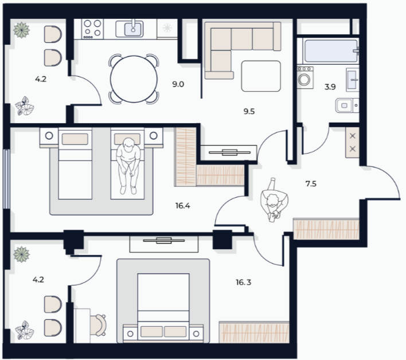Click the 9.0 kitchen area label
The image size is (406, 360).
pos(178,84)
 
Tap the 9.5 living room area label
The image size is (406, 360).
pos(249,111)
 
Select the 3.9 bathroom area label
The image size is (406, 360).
pos(330,87)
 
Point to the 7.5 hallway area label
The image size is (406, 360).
pos(311,184)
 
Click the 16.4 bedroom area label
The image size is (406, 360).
pos(182,206)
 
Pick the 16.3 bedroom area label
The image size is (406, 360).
pos(243,282)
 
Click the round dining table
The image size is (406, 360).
pos(134,79)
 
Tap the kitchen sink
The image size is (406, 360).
pos(133,29)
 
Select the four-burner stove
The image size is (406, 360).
pos(93,29)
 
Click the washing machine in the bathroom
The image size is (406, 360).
pos(304,77)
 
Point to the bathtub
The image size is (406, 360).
pos(331,50)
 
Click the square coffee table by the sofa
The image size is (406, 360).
pos(261,76)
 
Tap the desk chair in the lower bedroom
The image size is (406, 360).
pos(98,325)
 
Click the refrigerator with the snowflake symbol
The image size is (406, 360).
pos(167,29)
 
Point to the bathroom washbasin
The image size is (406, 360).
pos(353,80)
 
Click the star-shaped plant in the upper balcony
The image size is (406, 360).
pos(21,30)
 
